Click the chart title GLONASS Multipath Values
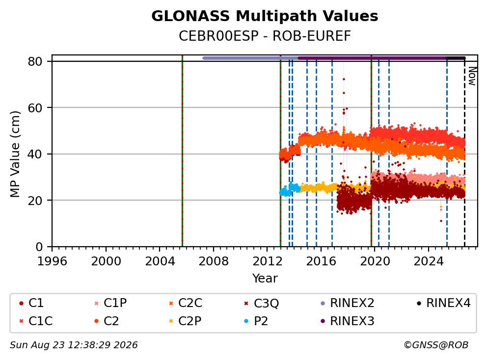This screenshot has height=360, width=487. click(x=265, y=16)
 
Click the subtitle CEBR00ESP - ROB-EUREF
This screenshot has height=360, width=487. click(x=265, y=36)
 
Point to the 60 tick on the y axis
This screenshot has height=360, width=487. click(x=35, y=108)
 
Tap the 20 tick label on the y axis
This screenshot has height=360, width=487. click(x=35, y=201)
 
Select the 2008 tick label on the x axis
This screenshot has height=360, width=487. click(x=214, y=261)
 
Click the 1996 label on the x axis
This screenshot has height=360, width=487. click(x=52, y=261)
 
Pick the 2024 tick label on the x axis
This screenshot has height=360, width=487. click(x=428, y=261)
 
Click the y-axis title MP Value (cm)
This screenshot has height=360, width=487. click(x=15, y=154)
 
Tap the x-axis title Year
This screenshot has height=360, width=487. click(x=265, y=279)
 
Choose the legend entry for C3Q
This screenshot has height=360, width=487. click(x=262, y=303)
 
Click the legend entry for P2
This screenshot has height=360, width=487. click(x=256, y=321)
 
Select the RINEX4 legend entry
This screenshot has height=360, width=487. click(x=443, y=303)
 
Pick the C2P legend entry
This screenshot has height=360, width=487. click(x=185, y=321)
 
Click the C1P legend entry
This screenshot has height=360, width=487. click(x=110, y=303)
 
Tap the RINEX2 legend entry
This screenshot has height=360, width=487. click(x=347, y=303)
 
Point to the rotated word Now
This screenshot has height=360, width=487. click(x=472, y=76)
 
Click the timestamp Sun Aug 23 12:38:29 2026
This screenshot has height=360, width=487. click(x=74, y=345)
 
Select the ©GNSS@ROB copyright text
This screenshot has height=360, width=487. click(x=436, y=345)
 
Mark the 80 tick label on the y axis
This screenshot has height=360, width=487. click(x=35, y=61)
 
